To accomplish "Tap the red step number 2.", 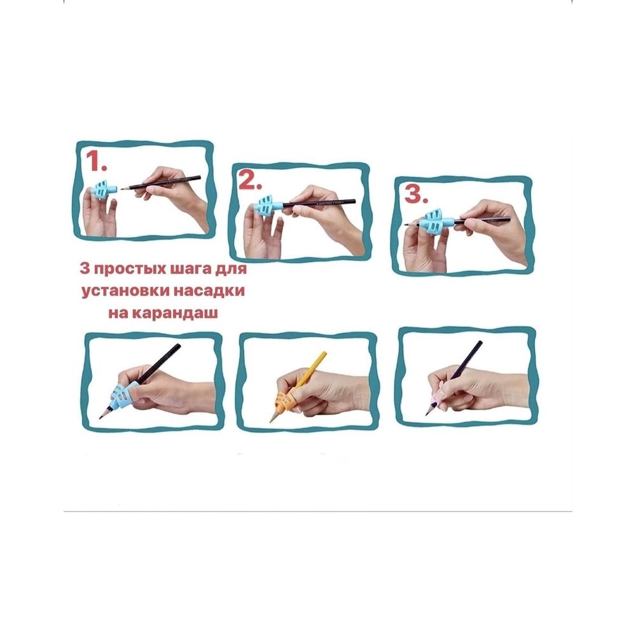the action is [250, 180].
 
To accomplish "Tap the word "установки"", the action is [126, 292].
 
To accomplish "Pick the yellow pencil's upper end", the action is [323, 354].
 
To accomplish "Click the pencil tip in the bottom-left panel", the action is [101, 417].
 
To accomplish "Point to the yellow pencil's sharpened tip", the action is [272, 420].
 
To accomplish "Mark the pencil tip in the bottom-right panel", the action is [426, 414].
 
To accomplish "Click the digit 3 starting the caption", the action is [84, 269].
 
